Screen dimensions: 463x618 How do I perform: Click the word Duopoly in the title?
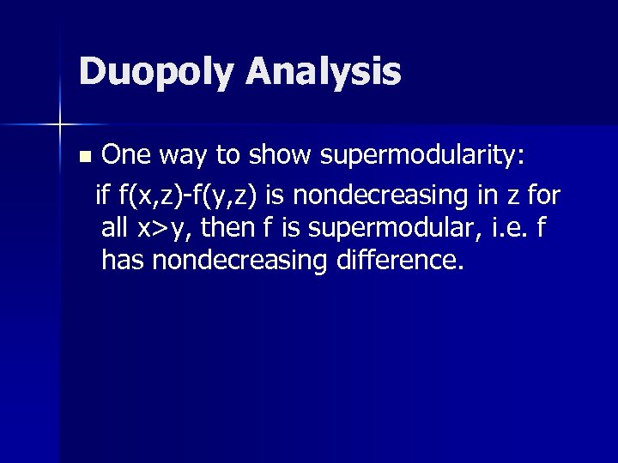point(154,72)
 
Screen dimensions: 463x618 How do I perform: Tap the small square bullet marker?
point(83,158)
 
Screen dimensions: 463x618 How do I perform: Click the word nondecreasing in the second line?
point(372,197)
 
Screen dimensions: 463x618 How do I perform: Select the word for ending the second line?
point(543,196)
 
